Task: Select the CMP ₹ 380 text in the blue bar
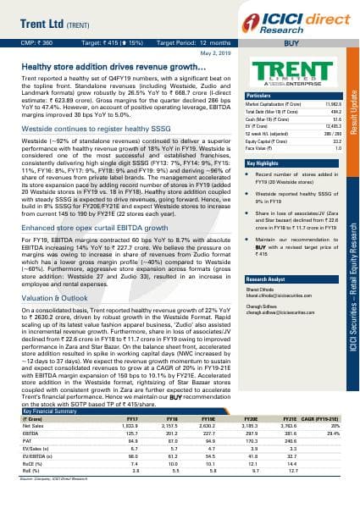40,40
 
